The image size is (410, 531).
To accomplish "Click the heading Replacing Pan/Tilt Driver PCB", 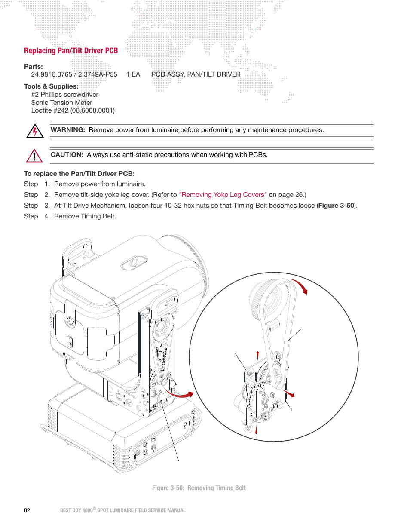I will (x=71, y=51).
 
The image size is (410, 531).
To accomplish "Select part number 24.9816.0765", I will (x=52, y=74).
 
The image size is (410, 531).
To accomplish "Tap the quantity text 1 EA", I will (x=133, y=74).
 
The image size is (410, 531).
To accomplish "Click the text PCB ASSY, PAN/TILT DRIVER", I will (x=196, y=74).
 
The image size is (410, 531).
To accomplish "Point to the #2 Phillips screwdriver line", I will (x=64, y=95).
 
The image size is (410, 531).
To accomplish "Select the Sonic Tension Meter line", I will (x=61, y=103).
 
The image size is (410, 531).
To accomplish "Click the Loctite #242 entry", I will (x=73, y=110).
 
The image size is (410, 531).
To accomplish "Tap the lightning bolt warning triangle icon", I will (x=35, y=131).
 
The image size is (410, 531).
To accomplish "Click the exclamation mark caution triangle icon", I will (x=34, y=156).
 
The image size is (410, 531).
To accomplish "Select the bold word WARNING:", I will (x=67, y=130).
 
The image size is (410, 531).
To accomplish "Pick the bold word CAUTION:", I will (x=67, y=155).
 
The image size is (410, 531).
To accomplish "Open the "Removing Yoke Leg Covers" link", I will (x=223, y=195).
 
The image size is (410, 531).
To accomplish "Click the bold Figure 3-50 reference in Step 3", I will (x=336, y=206).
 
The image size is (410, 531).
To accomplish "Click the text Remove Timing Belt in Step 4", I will (x=85, y=216).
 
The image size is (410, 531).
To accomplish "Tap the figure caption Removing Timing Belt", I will (x=216, y=488).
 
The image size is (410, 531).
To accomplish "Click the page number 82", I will (x=27, y=510).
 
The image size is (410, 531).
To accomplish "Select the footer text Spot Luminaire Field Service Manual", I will (x=141, y=510).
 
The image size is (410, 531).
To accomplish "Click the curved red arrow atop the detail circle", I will (x=300, y=285).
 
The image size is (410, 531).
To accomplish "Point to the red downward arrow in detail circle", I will (x=256, y=430).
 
